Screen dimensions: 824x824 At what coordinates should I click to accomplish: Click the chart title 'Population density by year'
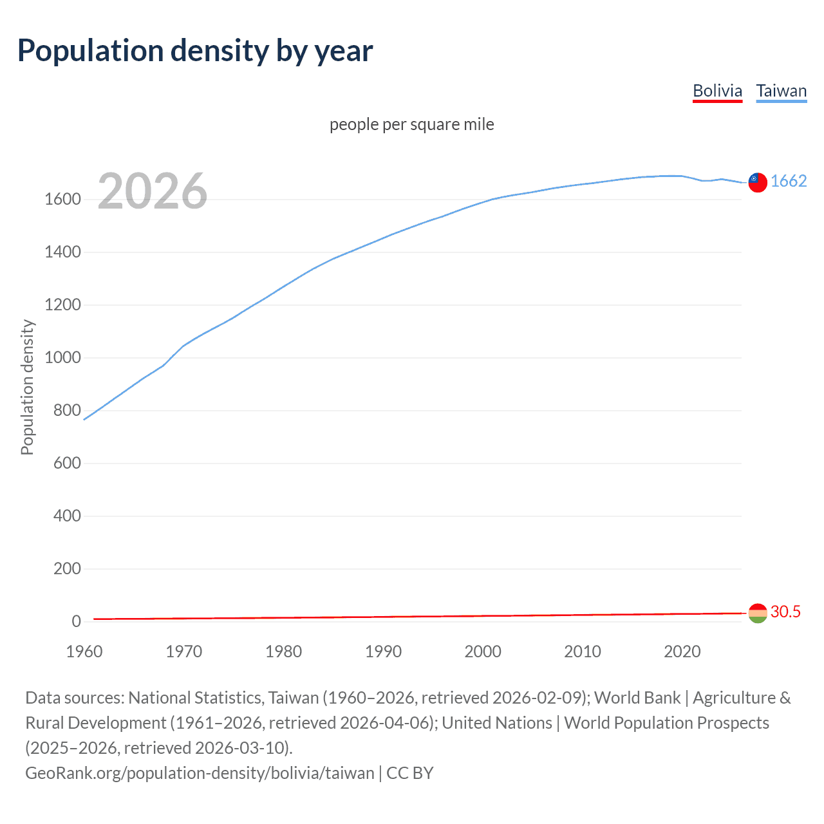(x=195, y=51)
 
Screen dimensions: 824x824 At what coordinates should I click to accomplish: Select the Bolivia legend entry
(x=717, y=91)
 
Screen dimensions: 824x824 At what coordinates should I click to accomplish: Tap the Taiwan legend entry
(x=781, y=91)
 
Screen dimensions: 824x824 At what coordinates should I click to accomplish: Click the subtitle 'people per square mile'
(x=411, y=124)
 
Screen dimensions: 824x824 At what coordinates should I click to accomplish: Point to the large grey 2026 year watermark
(x=153, y=191)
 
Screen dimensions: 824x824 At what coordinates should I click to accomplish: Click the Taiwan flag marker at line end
(x=758, y=182)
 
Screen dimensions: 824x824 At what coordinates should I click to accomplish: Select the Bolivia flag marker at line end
(x=758, y=613)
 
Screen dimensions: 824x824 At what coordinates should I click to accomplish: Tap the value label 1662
(x=789, y=181)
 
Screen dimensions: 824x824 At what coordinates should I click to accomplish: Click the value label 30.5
(x=785, y=612)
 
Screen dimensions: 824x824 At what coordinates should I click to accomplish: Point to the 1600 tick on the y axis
(x=62, y=200)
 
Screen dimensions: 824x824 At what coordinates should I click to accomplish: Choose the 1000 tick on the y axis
(x=62, y=358)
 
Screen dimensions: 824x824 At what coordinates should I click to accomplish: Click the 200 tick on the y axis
(x=67, y=568)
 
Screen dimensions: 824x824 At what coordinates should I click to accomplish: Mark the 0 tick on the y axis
(x=76, y=621)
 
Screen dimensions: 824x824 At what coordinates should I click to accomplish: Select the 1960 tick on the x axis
(x=84, y=651)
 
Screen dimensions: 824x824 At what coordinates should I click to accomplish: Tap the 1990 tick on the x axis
(x=383, y=651)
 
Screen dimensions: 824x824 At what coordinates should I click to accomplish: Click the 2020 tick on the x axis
(x=682, y=651)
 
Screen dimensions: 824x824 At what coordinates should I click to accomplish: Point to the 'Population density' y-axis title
(x=27, y=388)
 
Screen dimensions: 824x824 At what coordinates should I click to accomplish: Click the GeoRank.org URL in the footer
(x=200, y=773)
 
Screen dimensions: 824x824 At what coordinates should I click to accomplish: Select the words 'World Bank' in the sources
(x=637, y=698)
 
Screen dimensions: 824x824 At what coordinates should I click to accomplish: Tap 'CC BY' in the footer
(x=410, y=773)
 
